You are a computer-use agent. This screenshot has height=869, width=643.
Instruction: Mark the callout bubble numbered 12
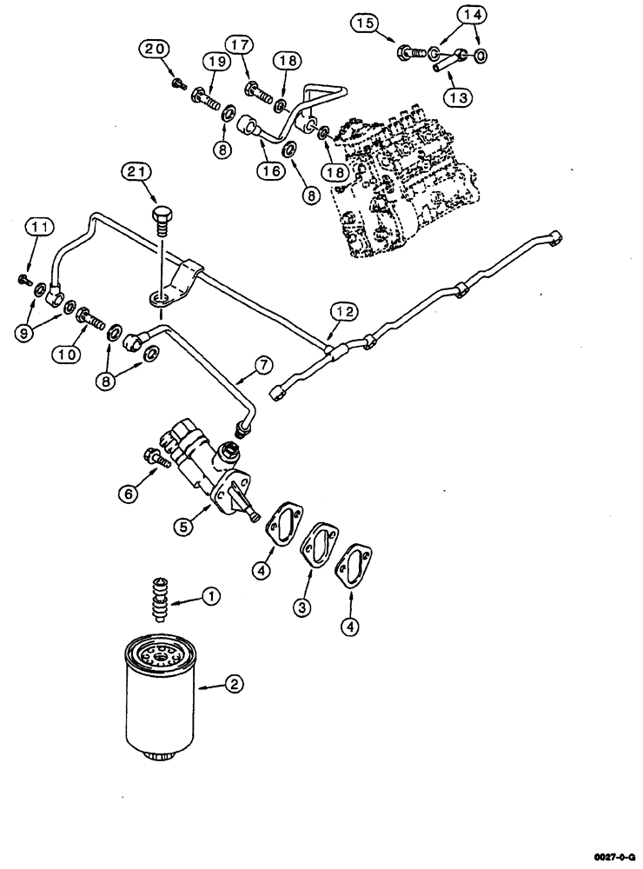tap(342, 310)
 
